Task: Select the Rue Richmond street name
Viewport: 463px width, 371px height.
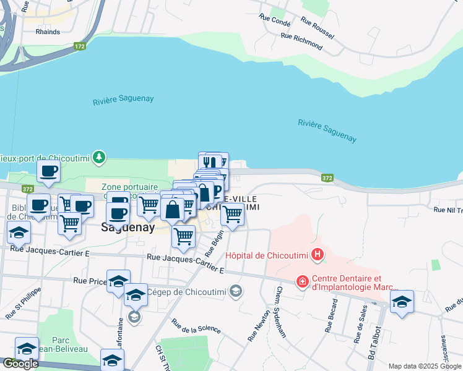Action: [302, 41]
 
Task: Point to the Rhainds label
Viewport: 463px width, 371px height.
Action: [48, 32]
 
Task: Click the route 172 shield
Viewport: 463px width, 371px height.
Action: [79, 46]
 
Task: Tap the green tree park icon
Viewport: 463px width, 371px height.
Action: [98, 158]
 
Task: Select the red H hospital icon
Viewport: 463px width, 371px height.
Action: [318, 254]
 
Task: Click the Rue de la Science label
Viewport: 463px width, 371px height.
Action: [196, 326]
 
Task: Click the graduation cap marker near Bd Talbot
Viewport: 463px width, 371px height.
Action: [402, 302]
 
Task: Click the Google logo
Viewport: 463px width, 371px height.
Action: [20, 364]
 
